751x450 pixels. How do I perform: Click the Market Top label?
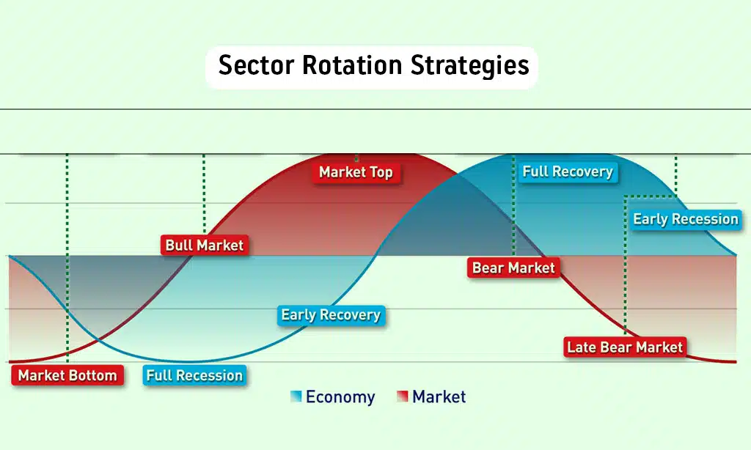tap(356, 172)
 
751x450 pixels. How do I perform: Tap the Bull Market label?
tap(205, 245)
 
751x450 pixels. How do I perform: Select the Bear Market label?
tap(513, 268)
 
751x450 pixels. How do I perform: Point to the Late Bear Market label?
tap(625, 347)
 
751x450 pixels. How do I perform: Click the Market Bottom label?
tap(67, 375)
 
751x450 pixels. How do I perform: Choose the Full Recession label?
tap(194, 375)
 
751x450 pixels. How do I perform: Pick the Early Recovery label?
tap(331, 315)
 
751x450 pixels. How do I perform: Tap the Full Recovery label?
tap(568, 171)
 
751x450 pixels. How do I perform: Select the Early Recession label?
tap(686, 219)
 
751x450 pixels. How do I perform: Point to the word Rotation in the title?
tap(352, 65)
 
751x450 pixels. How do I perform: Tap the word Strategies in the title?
tap(470, 66)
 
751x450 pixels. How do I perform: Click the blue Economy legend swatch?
tap(296, 396)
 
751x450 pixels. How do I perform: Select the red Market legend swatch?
tap(403, 396)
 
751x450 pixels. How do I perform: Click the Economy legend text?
tap(340, 397)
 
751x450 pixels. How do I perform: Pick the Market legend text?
tap(439, 396)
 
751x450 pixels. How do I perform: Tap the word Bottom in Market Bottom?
tap(93, 375)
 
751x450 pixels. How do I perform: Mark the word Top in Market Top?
tap(381, 173)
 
